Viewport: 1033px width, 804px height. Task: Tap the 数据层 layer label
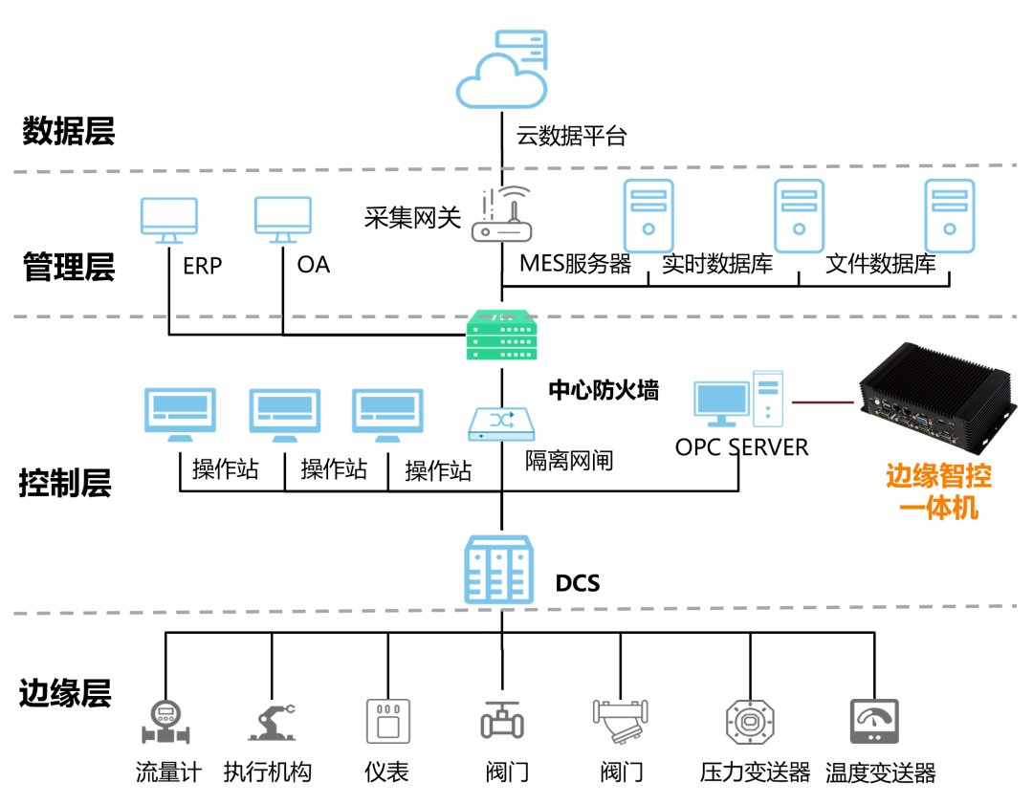tap(69, 131)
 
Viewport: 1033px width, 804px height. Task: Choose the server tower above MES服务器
tap(648, 215)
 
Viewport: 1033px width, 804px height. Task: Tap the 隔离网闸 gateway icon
tap(501, 422)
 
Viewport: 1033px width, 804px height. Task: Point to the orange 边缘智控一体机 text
tap(938, 490)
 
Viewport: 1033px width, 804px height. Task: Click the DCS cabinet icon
tap(498, 570)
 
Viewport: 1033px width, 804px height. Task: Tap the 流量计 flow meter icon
tap(165, 721)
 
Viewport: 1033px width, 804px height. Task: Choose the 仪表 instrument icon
tap(387, 721)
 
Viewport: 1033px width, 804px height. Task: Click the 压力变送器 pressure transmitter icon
tap(750, 721)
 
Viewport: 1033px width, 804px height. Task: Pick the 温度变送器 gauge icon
tap(875, 721)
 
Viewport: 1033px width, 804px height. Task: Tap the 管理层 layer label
tap(69, 267)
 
